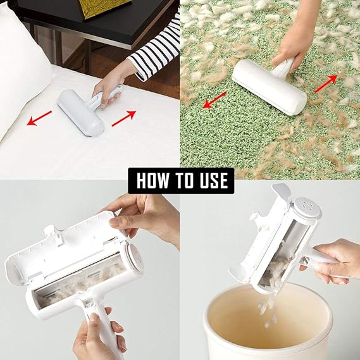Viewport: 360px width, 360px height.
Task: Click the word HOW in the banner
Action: click(152, 180)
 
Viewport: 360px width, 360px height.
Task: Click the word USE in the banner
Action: click(209, 180)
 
